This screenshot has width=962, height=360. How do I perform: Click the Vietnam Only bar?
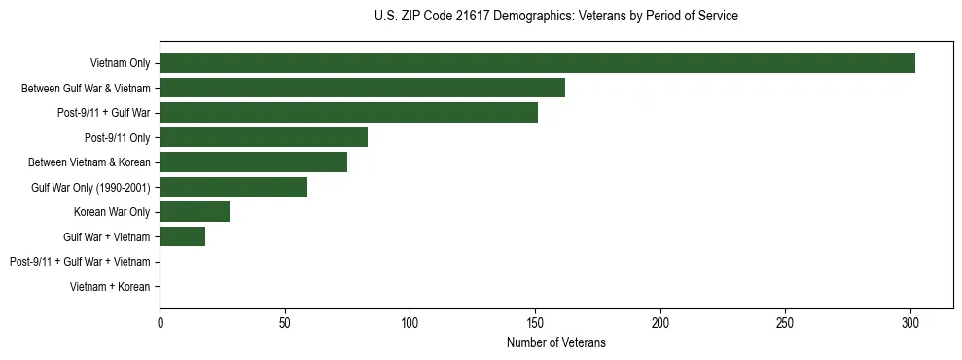[537, 63]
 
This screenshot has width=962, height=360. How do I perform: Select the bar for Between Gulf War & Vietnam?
[362, 88]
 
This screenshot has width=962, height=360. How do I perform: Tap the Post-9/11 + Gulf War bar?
[348, 113]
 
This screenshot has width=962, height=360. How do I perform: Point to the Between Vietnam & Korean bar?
[253, 162]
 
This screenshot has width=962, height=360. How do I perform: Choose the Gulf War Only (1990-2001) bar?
[233, 187]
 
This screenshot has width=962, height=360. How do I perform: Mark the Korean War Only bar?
[195, 212]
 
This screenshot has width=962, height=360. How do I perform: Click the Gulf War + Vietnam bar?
[182, 236]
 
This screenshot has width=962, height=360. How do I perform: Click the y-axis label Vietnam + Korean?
[110, 287]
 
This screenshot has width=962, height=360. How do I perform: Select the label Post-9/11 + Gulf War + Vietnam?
[80, 262]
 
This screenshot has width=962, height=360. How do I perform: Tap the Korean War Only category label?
[112, 212]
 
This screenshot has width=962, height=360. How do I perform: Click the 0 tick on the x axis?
[160, 321]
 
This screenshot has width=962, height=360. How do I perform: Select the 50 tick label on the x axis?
[285, 321]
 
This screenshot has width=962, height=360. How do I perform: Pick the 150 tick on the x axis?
[535, 321]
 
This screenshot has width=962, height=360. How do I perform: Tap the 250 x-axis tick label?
[785, 321]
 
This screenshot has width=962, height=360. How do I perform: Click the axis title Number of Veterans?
[556, 342]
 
